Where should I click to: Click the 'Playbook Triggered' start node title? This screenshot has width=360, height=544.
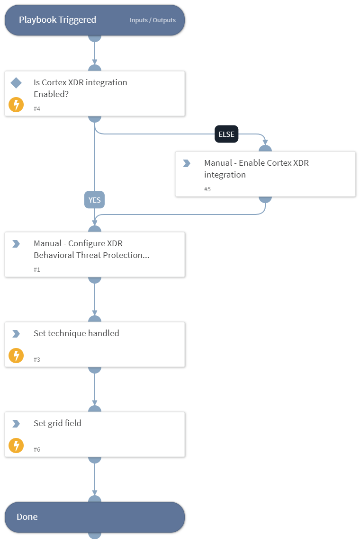(x=57, y=20)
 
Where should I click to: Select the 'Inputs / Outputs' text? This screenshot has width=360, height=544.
(x=153, y=20)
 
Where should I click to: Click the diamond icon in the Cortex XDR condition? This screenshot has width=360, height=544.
(x=16, y=83)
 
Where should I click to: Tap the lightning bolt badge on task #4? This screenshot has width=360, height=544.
(x=16, y=105)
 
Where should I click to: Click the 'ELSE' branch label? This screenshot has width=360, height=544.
(x=226, y=134)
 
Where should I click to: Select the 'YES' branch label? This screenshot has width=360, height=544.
(x=95, y=200)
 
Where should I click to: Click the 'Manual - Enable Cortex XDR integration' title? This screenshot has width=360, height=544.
(x=256, y=169)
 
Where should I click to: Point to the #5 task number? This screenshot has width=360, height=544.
(x=207, y=189)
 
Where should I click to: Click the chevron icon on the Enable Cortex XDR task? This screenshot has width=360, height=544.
(x=187, y=163)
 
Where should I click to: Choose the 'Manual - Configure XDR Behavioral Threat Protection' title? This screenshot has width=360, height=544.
(x=91, y=249)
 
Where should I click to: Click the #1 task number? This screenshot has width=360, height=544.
(x=37, y=269)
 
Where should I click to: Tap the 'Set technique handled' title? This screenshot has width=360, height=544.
(x=76, y=333)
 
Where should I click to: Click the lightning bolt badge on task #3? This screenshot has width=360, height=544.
(x=16, y=356)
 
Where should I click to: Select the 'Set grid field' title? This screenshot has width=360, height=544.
(x=57, y=423)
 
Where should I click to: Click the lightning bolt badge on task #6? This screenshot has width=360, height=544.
(x=16, y=446)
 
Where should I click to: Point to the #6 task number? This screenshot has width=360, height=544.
(x=37, y=449)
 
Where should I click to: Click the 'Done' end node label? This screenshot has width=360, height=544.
(x=27, y=517)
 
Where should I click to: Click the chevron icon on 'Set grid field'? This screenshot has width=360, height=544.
(x=16, y=424)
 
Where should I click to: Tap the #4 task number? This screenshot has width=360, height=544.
(x=37, y=108)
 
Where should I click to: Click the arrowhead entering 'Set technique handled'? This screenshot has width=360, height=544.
(x=95, y=313)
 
